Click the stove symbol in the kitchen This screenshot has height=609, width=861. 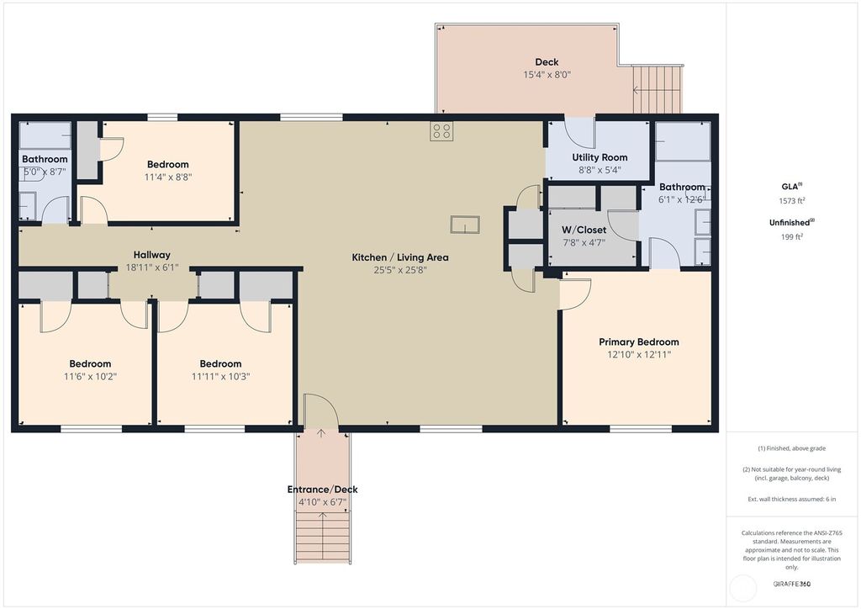(x=442, y=130)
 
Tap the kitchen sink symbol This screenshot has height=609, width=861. (x=464, y=224)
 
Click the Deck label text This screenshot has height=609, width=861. (x=547, y=61)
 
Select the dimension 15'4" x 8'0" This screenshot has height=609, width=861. (x=547, y=74)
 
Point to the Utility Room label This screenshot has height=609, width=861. (x=600, y=157)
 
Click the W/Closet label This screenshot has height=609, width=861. (x=584, y=230)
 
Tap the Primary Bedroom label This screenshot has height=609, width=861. (x=638, y=342)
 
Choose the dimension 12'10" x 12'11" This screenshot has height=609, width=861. (x=638, y=354)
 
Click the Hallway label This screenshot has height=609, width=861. (x=151, y=255)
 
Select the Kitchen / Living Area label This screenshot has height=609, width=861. (x=400, y=257)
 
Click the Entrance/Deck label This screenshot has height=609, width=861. (x=322, y=490)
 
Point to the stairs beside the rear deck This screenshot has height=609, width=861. (x=658, y=90)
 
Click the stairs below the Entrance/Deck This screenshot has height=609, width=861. (x=322, y=537)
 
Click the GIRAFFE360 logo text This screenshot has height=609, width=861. (x=792, y=583)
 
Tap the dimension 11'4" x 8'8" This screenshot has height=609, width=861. (x=167, y=177)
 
